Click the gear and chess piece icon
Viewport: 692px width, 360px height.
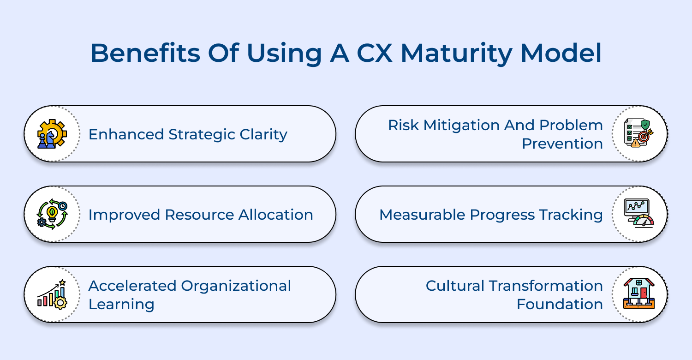pyautogui.click(x=52, y=134)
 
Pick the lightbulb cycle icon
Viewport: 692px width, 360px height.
pyautogui.click(x=52, y=214)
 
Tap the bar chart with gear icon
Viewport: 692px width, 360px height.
pyautogui.click(x=52, y=294)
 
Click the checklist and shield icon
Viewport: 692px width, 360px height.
pyautogui.click(x=639, y=134)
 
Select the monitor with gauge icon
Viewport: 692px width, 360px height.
pyautogui.click(x=639, y=214)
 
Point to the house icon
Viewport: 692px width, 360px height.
pyautogui.click(x=639, y=294)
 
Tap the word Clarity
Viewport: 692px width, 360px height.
pyautogui.click(x=263, y=134)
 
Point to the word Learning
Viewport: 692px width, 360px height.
pyautogui.click(x=121, y=304)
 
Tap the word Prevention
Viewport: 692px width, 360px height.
pyautogui.click(x=562, y=144)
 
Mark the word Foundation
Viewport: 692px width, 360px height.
pyautogui.click(x=559, y=304)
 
